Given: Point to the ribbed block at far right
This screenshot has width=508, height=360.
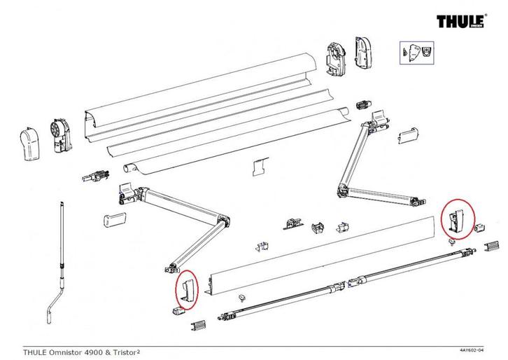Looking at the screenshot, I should (x=494, y=246).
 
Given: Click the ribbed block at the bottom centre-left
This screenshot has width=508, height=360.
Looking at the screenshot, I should (x=200, y=326).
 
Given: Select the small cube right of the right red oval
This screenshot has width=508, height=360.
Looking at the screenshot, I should (x=481, y=228).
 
